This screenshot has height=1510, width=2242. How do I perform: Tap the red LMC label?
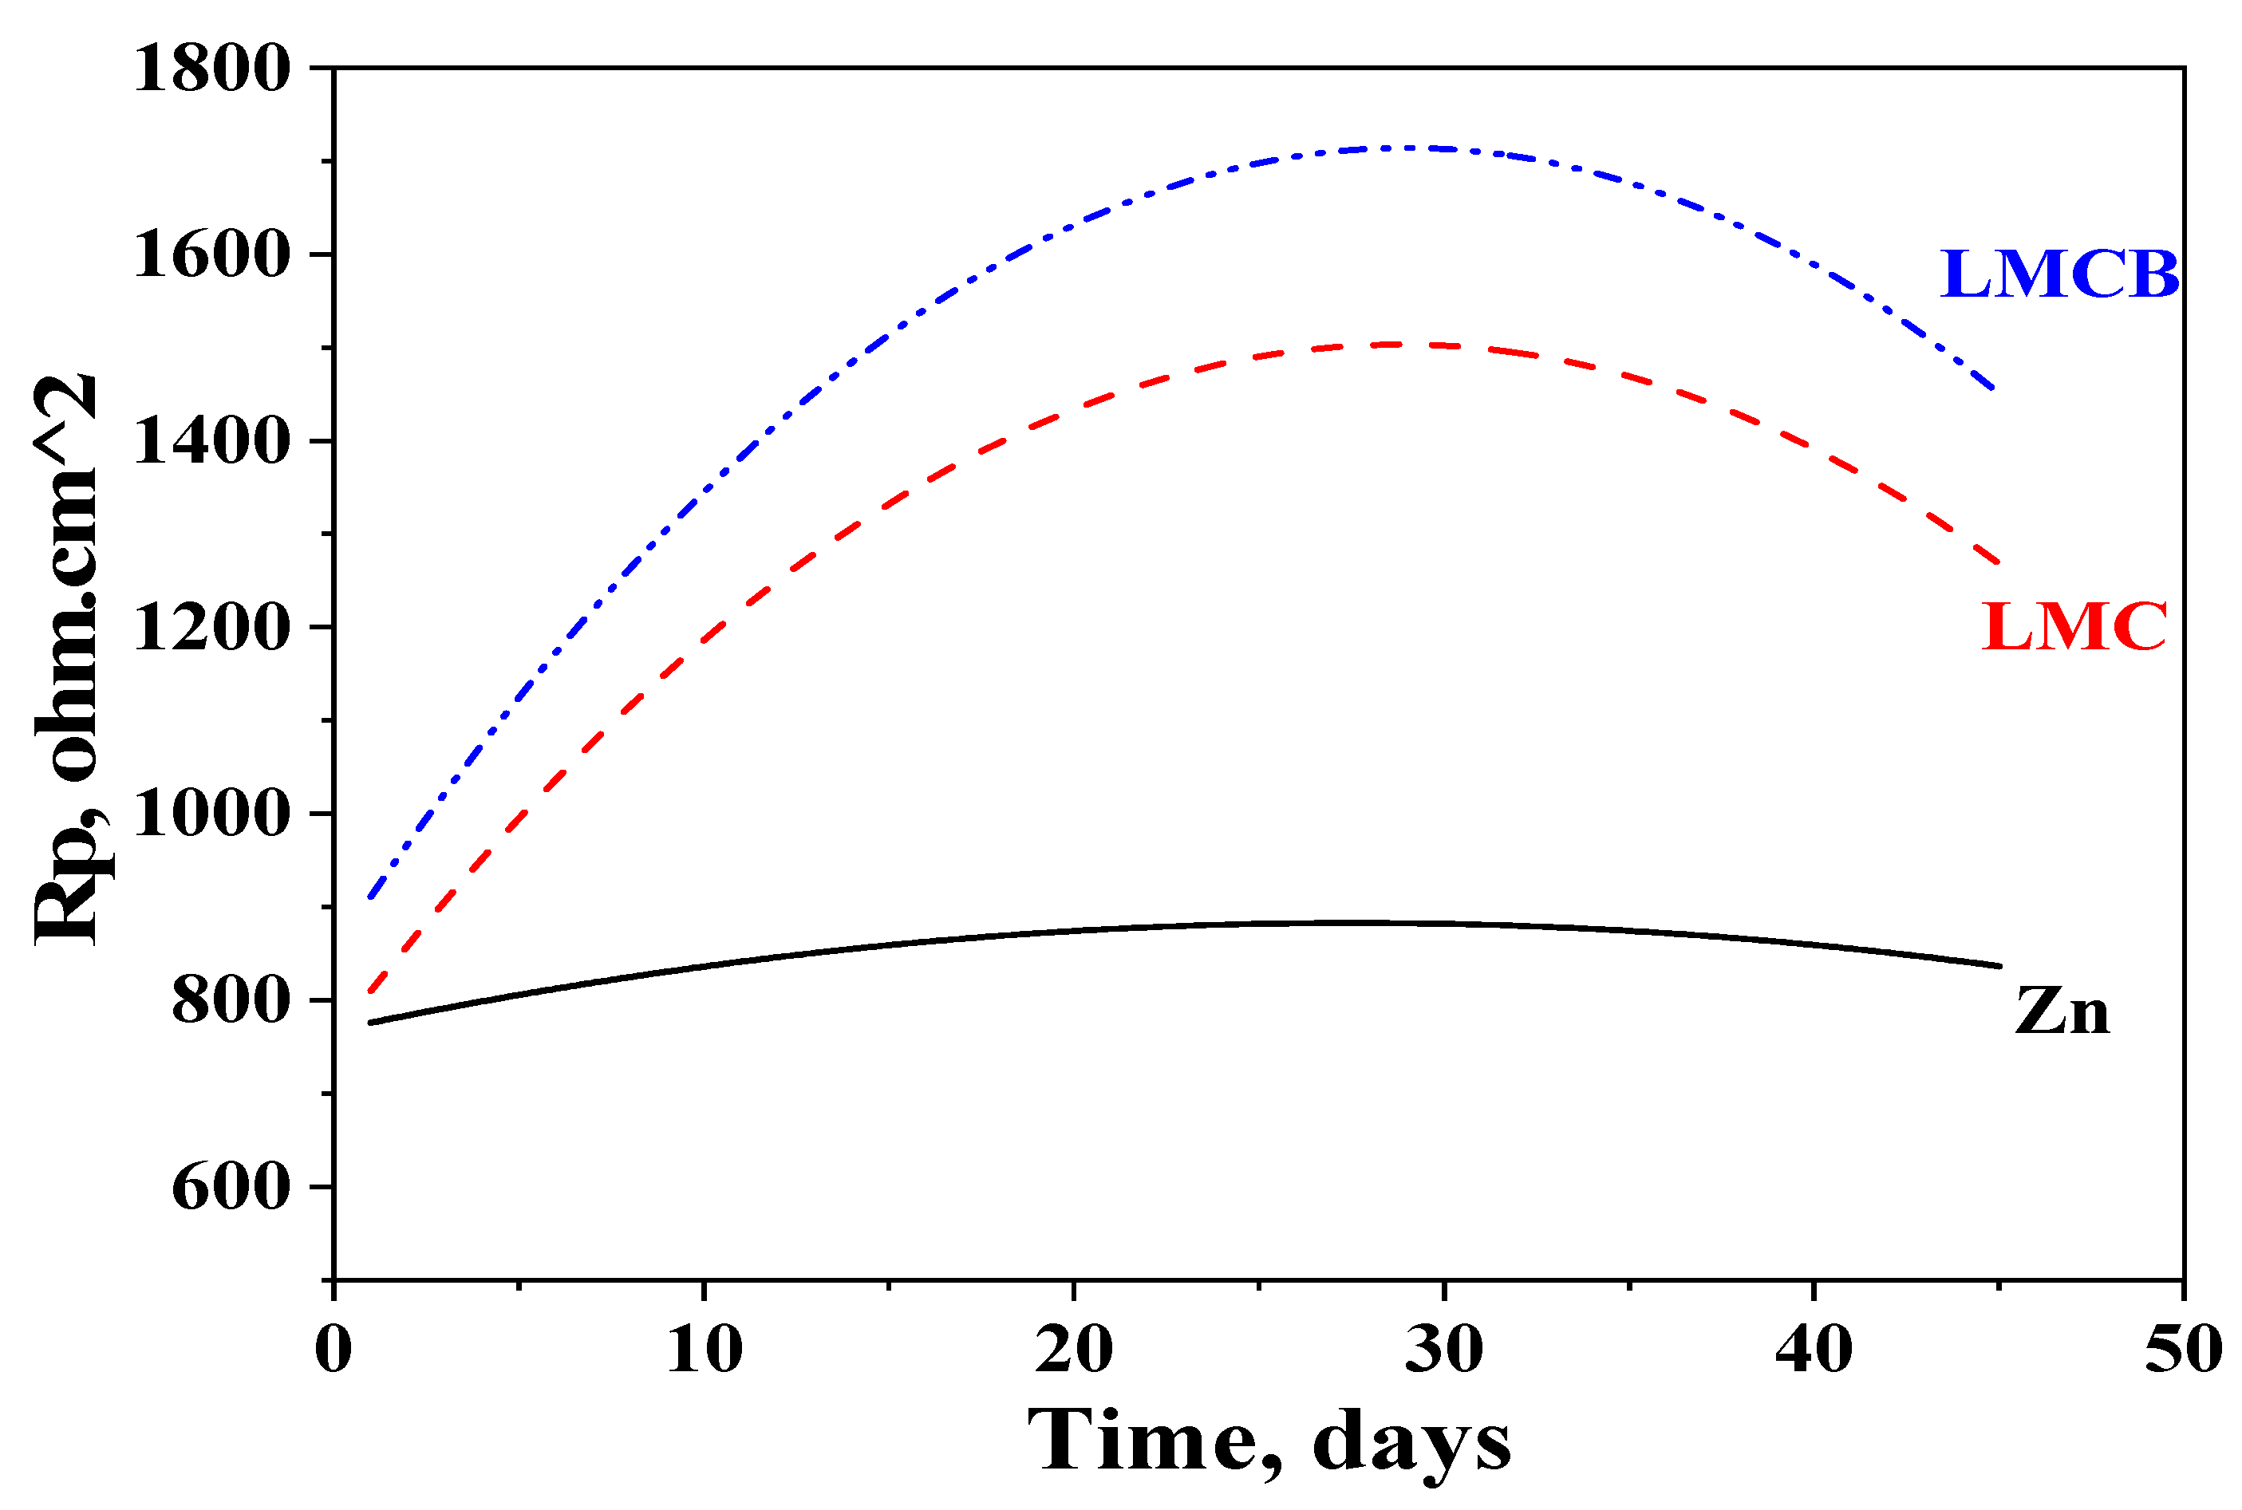2074,627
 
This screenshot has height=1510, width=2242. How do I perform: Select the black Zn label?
2062,1012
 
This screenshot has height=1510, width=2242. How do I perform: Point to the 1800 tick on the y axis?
212,69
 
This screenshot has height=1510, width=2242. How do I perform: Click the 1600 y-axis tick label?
212,255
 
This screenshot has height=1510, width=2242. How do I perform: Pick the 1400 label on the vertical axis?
212,442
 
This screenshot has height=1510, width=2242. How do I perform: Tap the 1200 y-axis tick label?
212,628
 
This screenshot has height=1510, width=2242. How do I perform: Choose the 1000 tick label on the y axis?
212,814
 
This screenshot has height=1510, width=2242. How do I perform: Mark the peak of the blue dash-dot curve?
1396,148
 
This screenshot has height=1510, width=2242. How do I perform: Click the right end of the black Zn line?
1999,965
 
